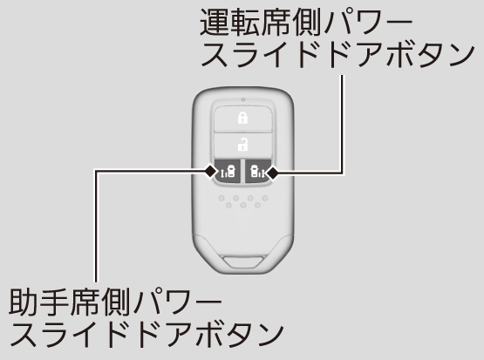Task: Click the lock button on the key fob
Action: pos(243,119)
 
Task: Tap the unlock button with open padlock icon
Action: pos(243,145)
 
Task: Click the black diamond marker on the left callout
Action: pos(211,172)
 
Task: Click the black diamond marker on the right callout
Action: pos(272,173)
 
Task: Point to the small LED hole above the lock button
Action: pos(243,99)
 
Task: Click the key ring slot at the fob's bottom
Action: pos(244,262)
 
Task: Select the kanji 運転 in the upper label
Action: pos(230,22)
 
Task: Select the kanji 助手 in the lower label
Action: pos(39,301)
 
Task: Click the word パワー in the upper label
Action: pos(366,22)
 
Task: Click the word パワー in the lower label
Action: pos(176,301)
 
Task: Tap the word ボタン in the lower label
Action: pos(240,334)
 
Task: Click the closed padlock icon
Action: pos(243,119)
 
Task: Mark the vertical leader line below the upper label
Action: pos(342,124)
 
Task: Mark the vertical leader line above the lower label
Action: pos(96,226)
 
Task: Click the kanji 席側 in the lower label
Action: pos(100,301)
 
